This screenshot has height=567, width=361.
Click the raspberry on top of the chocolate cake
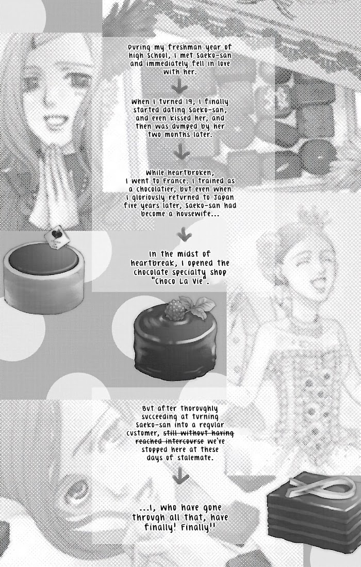pos(175,310)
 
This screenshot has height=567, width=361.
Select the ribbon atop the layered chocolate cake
pos(320,487)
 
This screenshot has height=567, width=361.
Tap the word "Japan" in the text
pos(223,198)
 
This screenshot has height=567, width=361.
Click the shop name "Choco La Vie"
pos(181,281)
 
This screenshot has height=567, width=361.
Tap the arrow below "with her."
pos(179,86)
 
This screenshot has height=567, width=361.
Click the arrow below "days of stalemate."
pos(180,476)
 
